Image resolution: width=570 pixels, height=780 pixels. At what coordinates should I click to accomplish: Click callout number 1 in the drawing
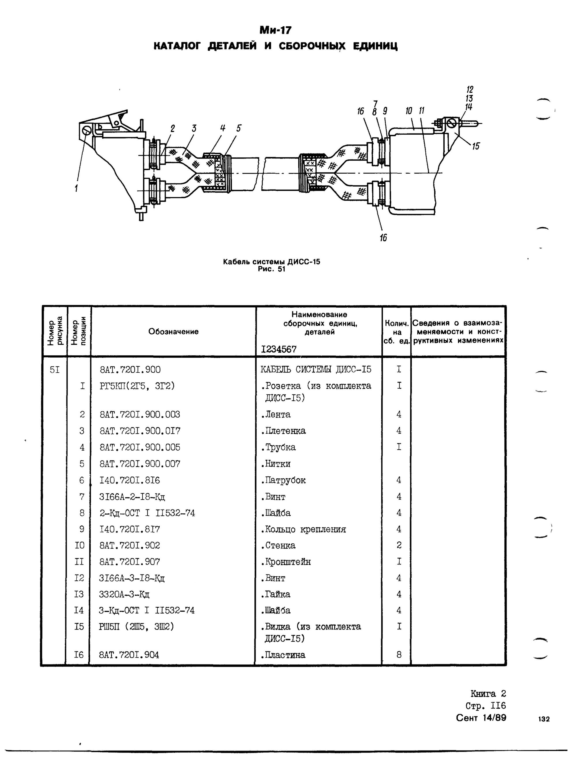click(76, 188)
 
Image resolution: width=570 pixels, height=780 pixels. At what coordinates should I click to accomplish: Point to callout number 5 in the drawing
click(239, 128)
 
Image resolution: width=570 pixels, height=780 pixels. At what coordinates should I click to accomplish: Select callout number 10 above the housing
click(409, 111)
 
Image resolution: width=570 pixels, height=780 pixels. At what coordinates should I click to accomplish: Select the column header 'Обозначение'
click(173, 331)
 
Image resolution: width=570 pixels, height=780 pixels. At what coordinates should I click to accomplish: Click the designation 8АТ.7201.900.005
click(140, 447)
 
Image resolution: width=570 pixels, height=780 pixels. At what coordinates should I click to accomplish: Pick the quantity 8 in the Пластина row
click(398, 655)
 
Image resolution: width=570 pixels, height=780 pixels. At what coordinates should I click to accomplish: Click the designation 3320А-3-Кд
click(124, 594)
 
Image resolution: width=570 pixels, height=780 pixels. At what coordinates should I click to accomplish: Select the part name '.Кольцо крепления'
click(303, 529)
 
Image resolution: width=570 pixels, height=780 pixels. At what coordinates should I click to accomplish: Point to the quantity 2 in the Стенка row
click(398, 545)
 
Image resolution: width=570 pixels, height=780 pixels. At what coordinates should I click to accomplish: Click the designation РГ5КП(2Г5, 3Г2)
click(137, 386)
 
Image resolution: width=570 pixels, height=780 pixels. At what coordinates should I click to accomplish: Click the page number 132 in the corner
click(543, 719)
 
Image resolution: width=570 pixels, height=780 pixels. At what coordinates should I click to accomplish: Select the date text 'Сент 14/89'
click(481, 718)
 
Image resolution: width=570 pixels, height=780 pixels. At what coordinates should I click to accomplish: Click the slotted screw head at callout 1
click(87, 130)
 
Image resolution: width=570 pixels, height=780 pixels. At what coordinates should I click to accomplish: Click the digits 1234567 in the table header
click(278, 349)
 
